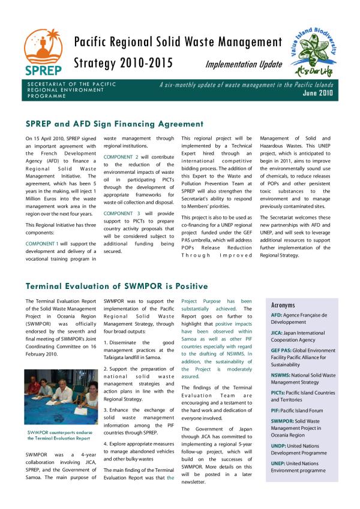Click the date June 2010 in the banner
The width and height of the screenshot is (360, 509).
(x=318, y=93)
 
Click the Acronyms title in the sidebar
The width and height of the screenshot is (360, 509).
(x=283, y=305)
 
